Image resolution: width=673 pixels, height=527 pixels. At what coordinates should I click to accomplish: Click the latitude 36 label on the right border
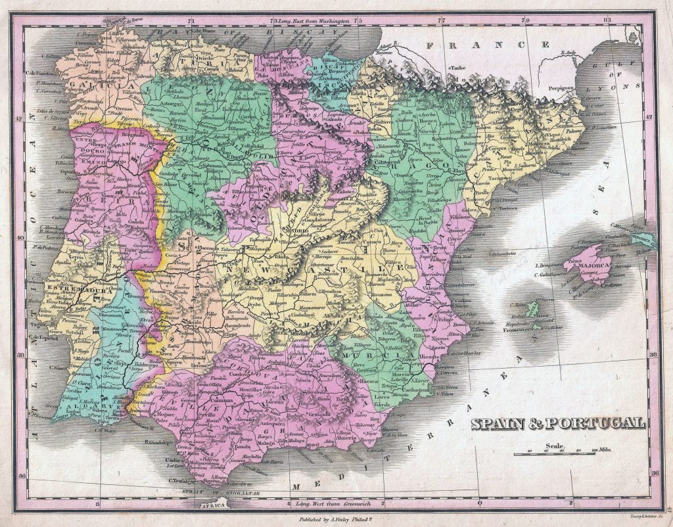[654, 472]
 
